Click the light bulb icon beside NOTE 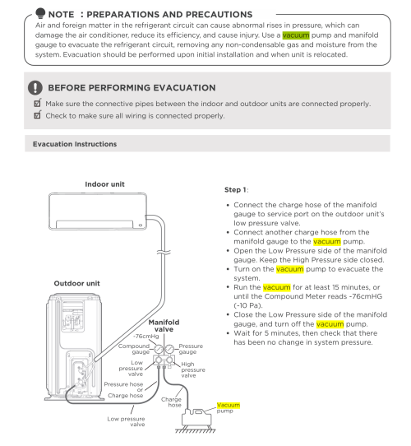[x=40, y=13]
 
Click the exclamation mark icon [x=35, y=87]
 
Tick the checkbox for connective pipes [x=38, y=103]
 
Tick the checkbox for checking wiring [x=38, y=114]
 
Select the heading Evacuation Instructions [x=75, y=144]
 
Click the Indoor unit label [x=104, y=184]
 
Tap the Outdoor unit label [x=76, y=283]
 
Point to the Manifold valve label [x=164, y=326]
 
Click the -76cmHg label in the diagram [x=146, y=337]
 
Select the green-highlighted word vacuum [x=296, y=35]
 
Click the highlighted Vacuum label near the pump [x=229, y=405]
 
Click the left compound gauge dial [x=159, y=349]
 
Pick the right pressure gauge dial [x=169, y=349]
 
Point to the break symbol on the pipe [x=164, y=253]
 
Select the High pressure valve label [x=193, y=369]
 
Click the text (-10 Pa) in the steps [x=248, y=305]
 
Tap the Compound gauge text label [x=134, y=349]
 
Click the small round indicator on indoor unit [x=141, y=225]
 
